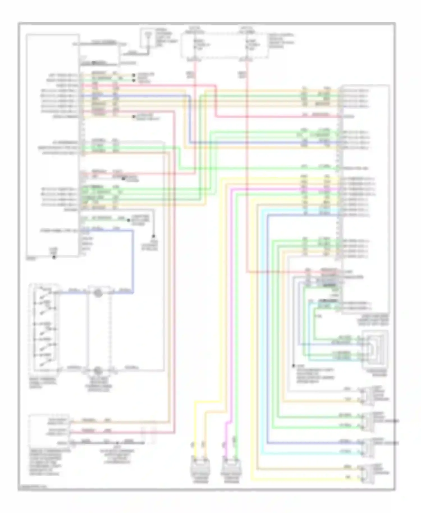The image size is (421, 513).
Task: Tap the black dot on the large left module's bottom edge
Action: click(54, 257)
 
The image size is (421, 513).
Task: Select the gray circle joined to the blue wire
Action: click(98, 293)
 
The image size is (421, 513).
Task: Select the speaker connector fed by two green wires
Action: click(366, 422)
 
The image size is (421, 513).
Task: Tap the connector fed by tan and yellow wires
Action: click(366, 474)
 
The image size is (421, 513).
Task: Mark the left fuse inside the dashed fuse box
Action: click(195, 46)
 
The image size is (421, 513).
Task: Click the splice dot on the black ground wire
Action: click(117, 443)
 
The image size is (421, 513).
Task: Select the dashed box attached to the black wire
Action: click(149, 436)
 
